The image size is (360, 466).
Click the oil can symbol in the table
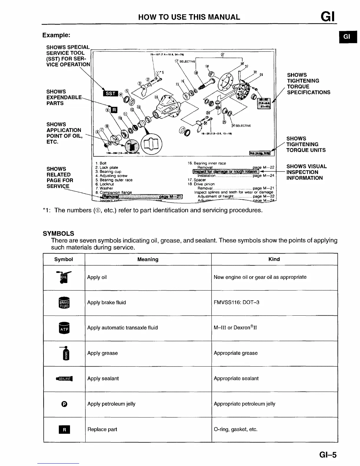(x=64, y=277)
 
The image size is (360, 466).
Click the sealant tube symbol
(x=64, y=379)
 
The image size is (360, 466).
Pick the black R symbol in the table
(x=64, y=430)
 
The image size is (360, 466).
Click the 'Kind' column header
(x=274, y=259)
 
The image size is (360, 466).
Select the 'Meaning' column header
(x=148, y=259)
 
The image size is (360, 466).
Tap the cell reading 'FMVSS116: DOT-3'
(x=236, y=302)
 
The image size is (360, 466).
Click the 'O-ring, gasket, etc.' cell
(x=236, y=429)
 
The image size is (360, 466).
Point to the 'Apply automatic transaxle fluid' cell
(x=122, y=328)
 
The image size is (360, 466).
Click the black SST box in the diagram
(x=110, y=94)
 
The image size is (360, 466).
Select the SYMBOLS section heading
(x=58, y=234)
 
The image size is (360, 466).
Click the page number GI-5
(x=327, y=455)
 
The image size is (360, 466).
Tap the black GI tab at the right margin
(x=347, y=36)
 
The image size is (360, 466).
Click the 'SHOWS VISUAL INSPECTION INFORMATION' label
(x=306, y=172)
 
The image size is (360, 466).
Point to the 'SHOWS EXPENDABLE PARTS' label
(x=64, y=97)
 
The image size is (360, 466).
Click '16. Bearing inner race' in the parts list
(x=207, y=163)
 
